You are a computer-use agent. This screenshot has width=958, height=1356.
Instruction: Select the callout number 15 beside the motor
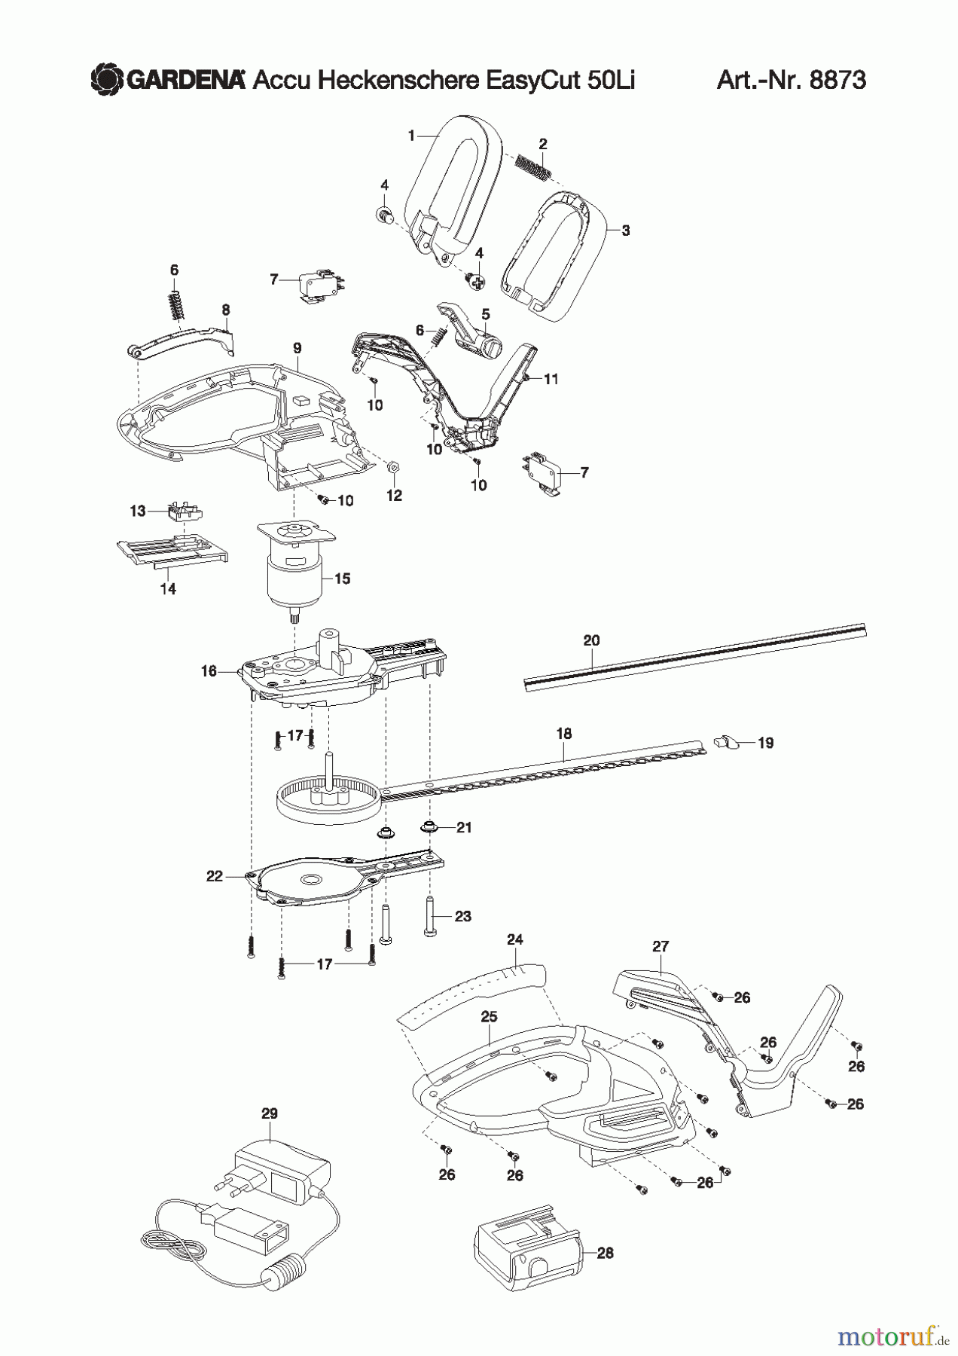click(342, 579)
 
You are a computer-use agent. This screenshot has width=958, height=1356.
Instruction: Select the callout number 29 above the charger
click(269, 1113)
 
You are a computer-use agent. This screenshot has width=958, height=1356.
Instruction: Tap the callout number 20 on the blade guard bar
click(591, 640)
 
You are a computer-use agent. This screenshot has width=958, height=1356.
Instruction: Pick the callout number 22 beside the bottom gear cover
click(215, 876)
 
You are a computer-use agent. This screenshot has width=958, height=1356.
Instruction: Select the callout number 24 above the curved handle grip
click(515, 939)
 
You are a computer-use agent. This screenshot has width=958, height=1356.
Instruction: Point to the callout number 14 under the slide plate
click(168, 589)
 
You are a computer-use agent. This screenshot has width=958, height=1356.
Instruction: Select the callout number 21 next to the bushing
click(464, 827)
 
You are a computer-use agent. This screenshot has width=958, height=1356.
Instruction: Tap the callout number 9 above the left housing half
click(297, 347)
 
